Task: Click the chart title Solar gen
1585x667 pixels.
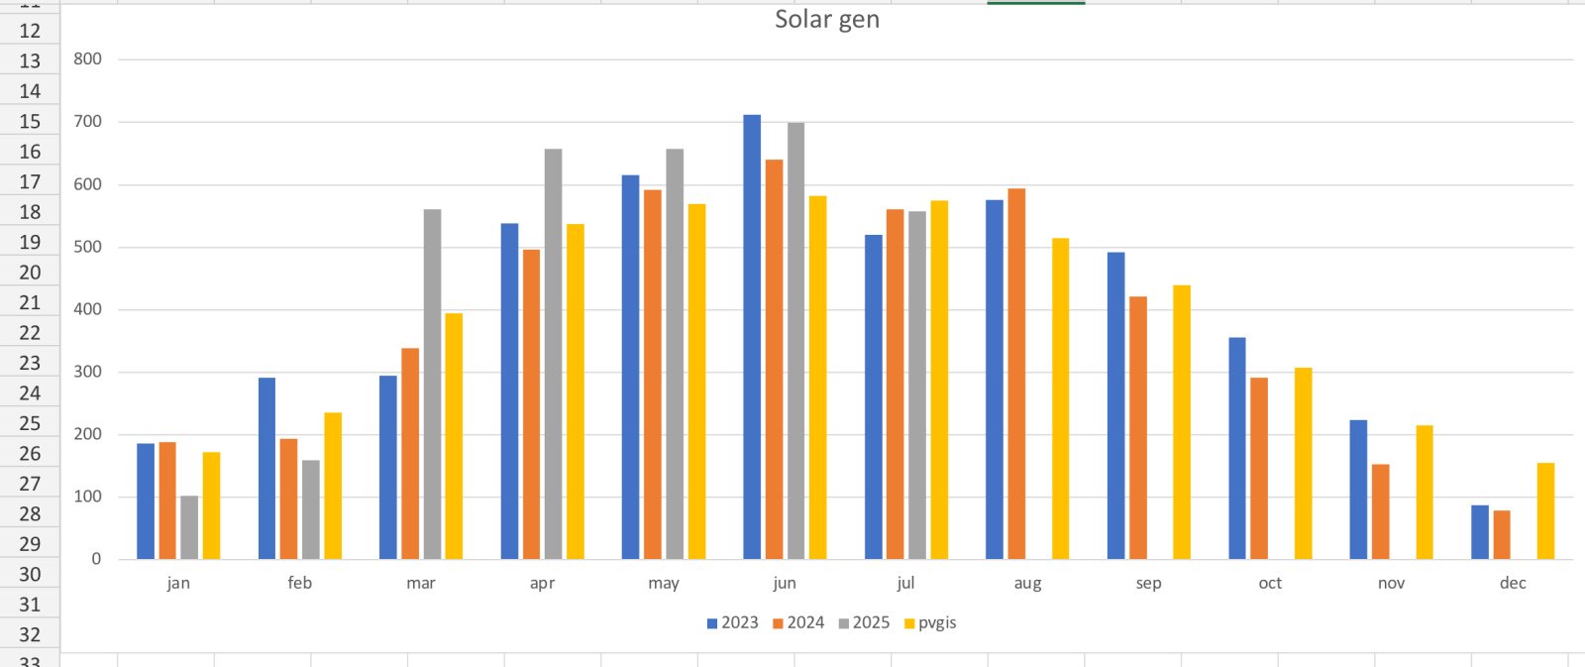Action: (826, 20)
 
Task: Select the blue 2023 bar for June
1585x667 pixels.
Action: (752, 337)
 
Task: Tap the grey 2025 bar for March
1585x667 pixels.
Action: (432, 385)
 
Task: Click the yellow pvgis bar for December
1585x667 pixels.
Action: (1545, 511)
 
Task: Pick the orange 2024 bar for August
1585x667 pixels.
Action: (1016, 374)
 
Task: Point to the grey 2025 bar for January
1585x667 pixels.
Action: (189, 527)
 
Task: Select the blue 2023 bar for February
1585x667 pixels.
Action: (266, 468)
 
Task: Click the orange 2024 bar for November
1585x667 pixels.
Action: (1380, 511)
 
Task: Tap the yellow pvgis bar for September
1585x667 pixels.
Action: (1181, 422)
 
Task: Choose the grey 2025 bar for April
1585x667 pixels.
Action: (553, 354)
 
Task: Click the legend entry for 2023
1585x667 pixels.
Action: (732, 622)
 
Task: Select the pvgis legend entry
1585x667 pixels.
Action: (930, 622)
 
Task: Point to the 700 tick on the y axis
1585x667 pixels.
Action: (87, 122)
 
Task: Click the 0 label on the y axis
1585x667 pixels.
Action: (96, 559)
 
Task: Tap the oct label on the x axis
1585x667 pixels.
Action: (1269, 583)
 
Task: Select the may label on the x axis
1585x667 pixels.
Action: (663, 583)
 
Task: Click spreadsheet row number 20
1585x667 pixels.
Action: (30, 273)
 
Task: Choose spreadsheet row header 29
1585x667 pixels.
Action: (30, 544)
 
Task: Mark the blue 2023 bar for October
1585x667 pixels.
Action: (1236, 448)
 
